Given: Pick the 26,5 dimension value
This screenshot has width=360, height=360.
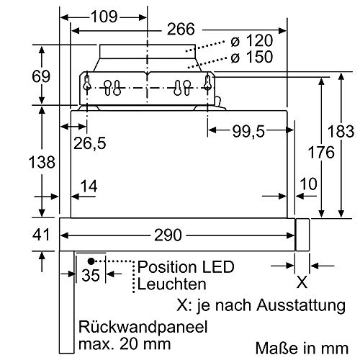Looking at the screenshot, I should [x=90, y=143].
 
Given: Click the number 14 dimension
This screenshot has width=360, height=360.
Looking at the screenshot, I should [x=89, y=186].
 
